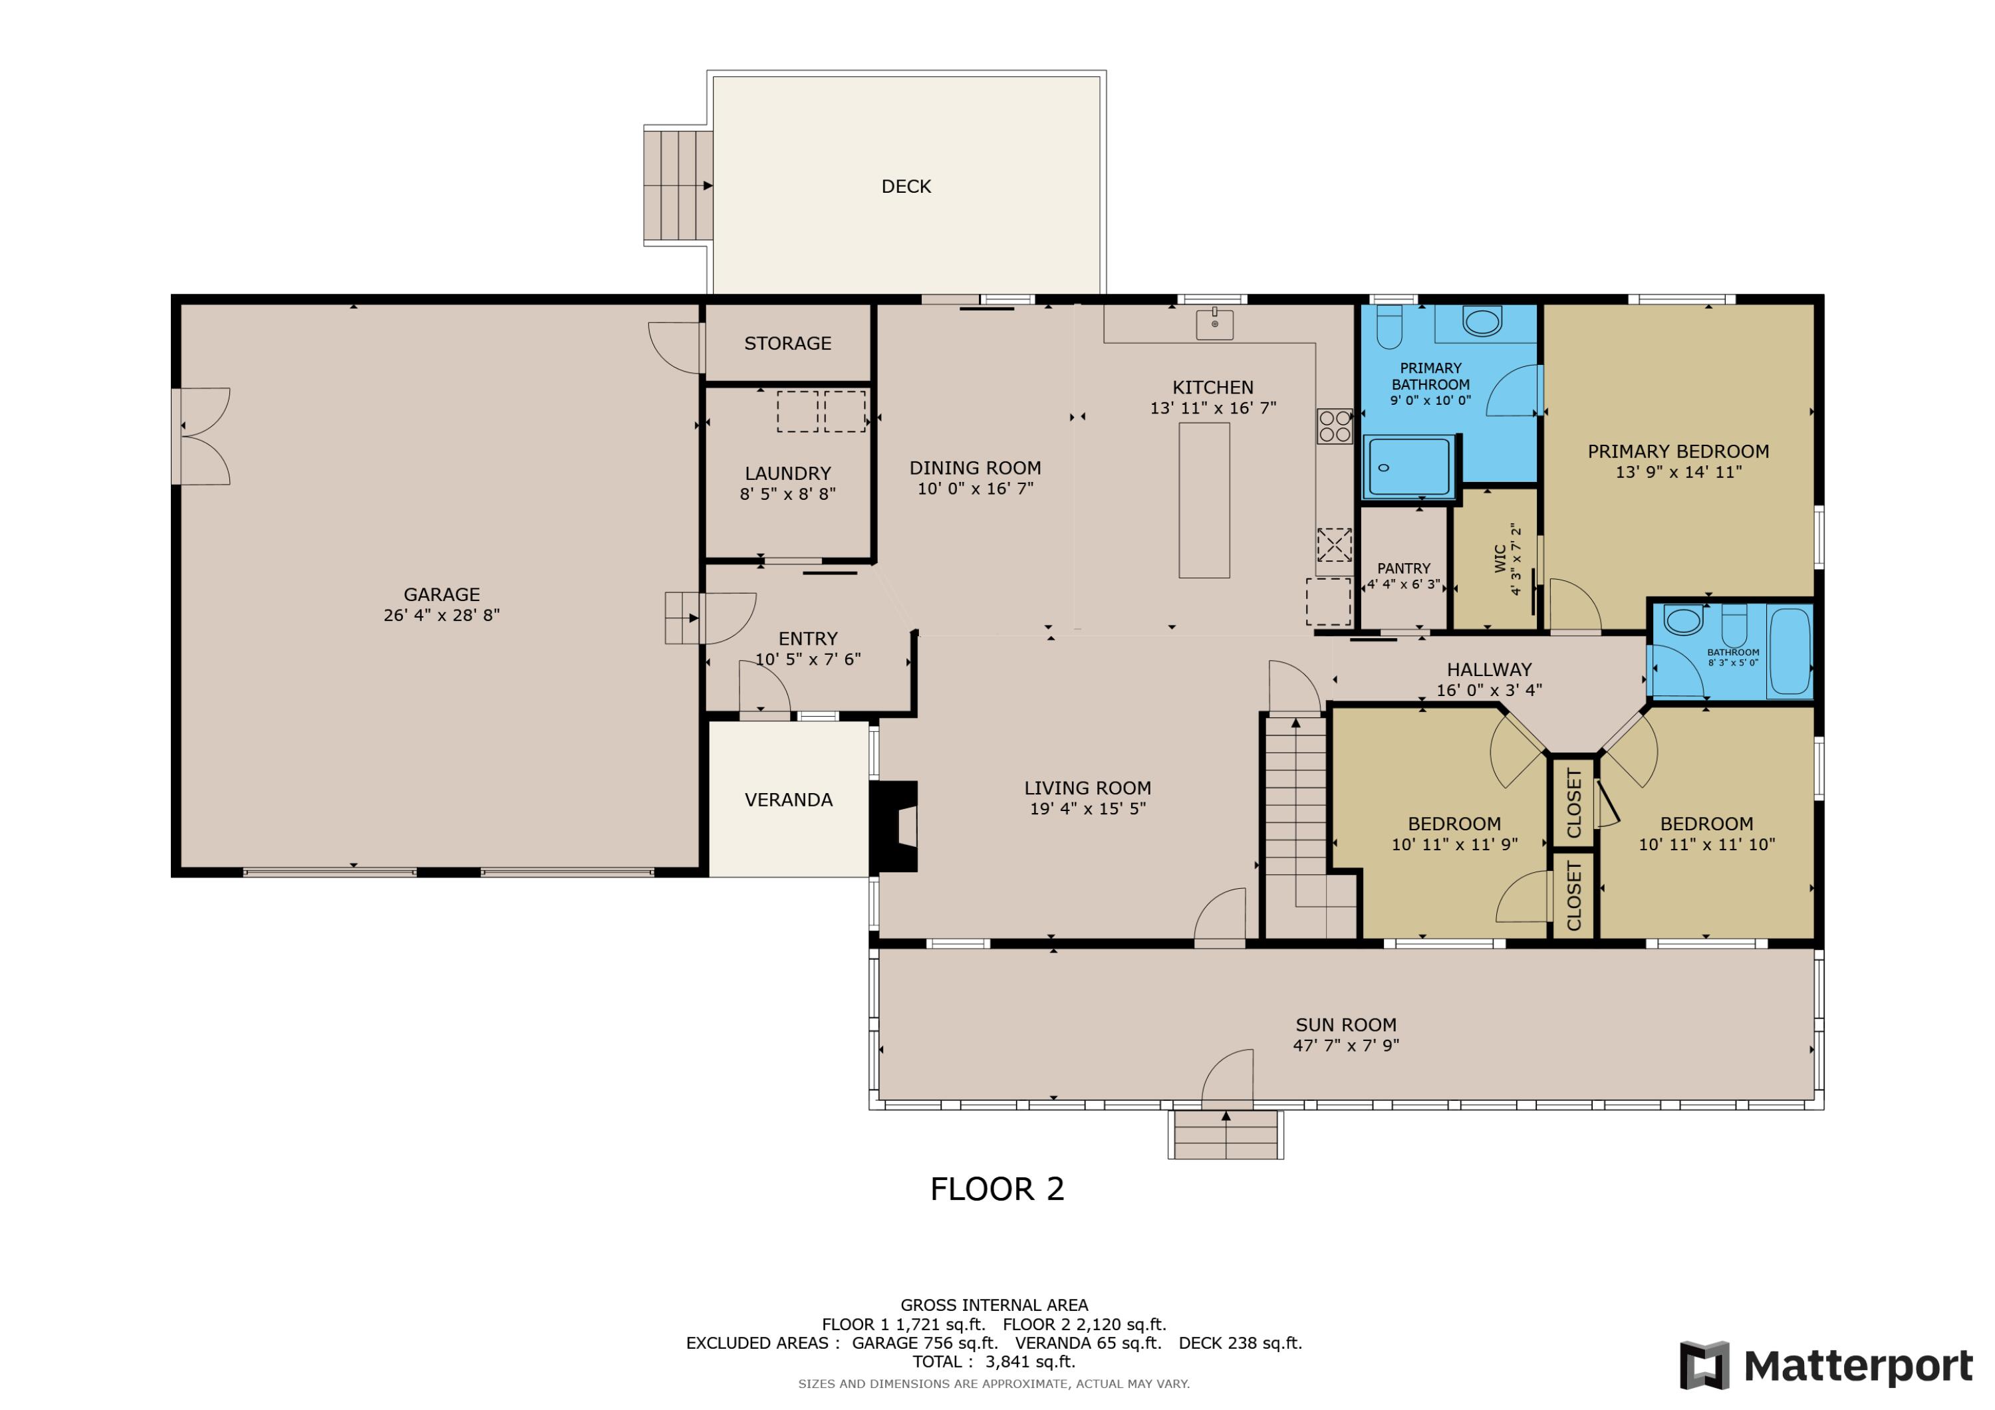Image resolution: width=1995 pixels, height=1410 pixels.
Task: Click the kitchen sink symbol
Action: [x=1215, y=323]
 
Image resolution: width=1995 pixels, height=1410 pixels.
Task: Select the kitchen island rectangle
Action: [x=1204, y=501]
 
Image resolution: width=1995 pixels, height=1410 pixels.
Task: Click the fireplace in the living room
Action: [x=895, y=826]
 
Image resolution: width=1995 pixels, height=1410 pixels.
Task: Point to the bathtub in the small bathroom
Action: [x=1790, y=651]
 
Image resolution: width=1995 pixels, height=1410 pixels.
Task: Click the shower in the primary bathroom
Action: [x=1408, y=467]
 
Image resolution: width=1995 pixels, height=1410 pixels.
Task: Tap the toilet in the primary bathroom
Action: [x=1389, y=325]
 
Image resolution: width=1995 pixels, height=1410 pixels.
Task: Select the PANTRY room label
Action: [x=1403, y=568]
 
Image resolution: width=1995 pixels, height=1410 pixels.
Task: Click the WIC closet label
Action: [x=1500, y=558]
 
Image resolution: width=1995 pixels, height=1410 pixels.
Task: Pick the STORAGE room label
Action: [x=787, y=343]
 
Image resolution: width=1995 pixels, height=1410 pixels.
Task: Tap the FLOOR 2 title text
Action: [x=997, y=1189]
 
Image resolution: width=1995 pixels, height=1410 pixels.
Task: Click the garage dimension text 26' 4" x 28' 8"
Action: [x=442, y=615]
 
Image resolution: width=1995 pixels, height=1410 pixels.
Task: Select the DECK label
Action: [x=906, y=187]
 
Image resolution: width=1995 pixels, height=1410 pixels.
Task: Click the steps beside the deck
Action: [x=678, y=186]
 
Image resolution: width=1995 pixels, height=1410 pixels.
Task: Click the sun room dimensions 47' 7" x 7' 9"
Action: [x=1346, y=1045]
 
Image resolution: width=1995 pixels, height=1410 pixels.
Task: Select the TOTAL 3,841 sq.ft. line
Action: [x=994, y=1361]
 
